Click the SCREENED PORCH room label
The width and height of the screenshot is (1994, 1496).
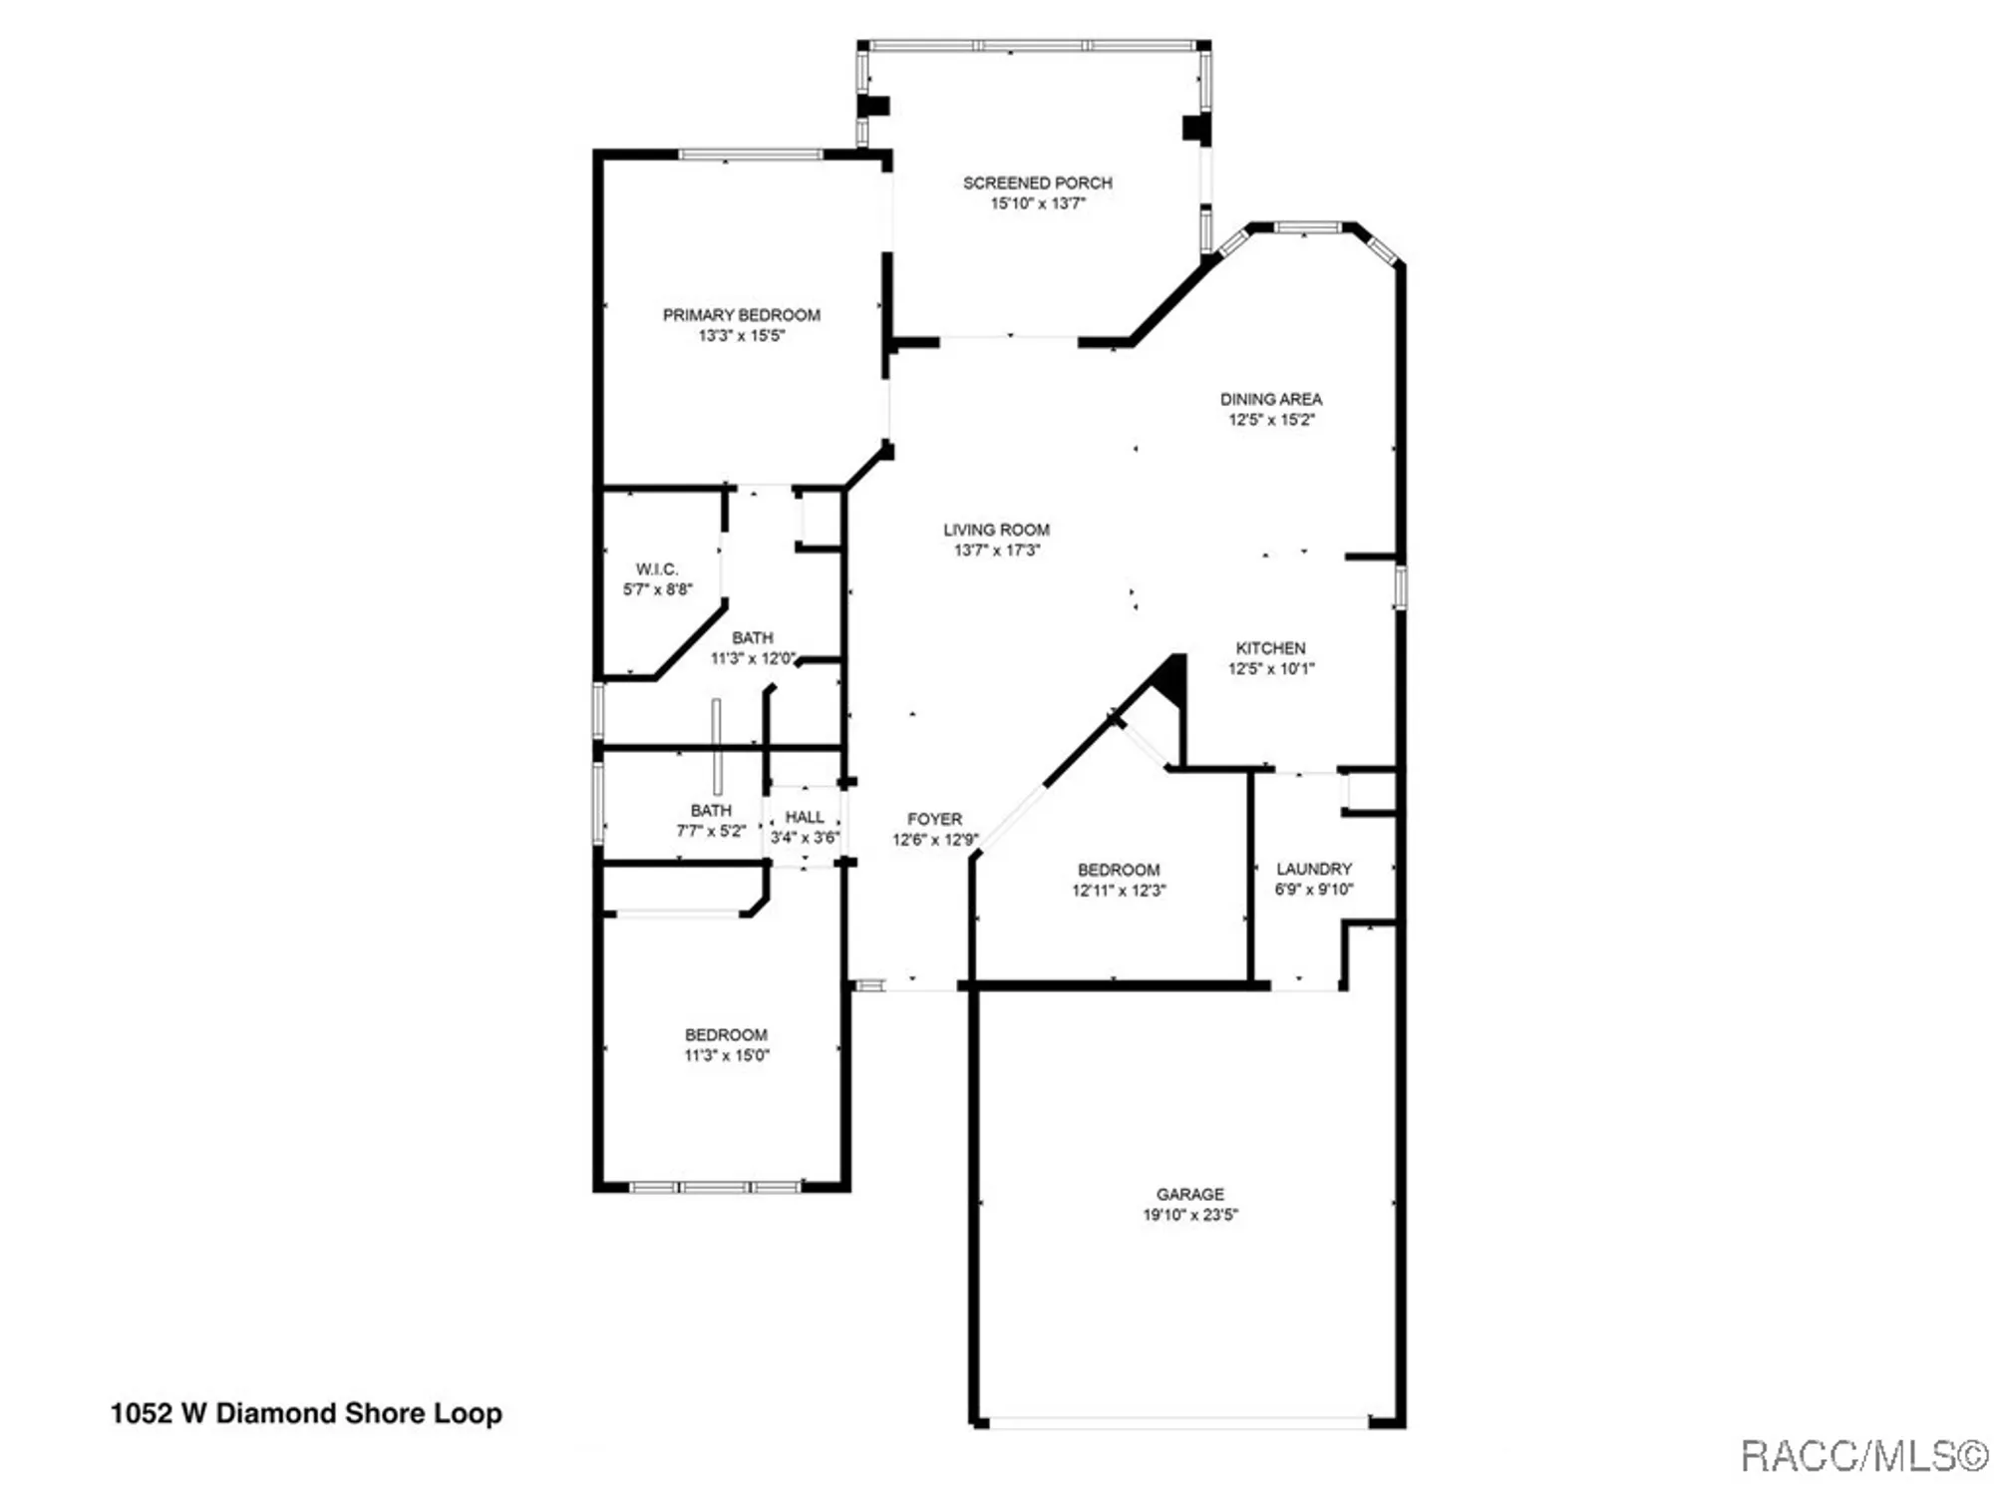pyautogui.click(x=1037, y=183)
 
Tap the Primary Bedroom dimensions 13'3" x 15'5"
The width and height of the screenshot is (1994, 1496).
pyautogui.click(x=741, y=336)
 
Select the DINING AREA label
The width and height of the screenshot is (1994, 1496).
pyautogui.click(x=1270, y=399)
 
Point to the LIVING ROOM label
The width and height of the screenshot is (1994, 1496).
pyautogui.click(x=996, y=530)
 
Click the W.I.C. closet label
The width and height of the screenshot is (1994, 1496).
pyautogui.click(x=656, y=569)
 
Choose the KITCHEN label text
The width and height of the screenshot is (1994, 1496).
pyautogui.click(x=1270, y=648)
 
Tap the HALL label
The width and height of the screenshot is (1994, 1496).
pyautogui.click(x=805, y=817)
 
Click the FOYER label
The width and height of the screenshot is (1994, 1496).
pyautogui.click(x=934, y=819)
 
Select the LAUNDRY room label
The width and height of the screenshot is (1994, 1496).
pyautogui.click(x=1313, y=869)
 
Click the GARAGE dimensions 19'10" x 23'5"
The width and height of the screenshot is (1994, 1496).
pyautogui.click(x=1189, y=1215)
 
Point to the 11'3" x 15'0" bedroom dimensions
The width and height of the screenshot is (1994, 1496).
pyautogui.click(x=726, y=1055)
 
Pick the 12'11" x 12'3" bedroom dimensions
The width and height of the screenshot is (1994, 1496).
pyautogui.click(x=1118, y=891)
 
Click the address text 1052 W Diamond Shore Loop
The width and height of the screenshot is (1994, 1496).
pyautogui.click(x=306, y=1413)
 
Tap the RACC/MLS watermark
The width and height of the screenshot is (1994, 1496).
pyautogui.click(x=1863, y=1456)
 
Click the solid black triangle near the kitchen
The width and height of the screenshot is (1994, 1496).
pyautogui.click(x=1172, y=679)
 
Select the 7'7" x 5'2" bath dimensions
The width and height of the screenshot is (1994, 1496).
pyautogui.click(x=710, y=831)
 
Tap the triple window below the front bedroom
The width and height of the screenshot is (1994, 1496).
pyautogui.click(x=715, y=1187)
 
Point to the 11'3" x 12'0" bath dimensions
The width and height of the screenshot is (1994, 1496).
pyautogui.click(x=753, y=658)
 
